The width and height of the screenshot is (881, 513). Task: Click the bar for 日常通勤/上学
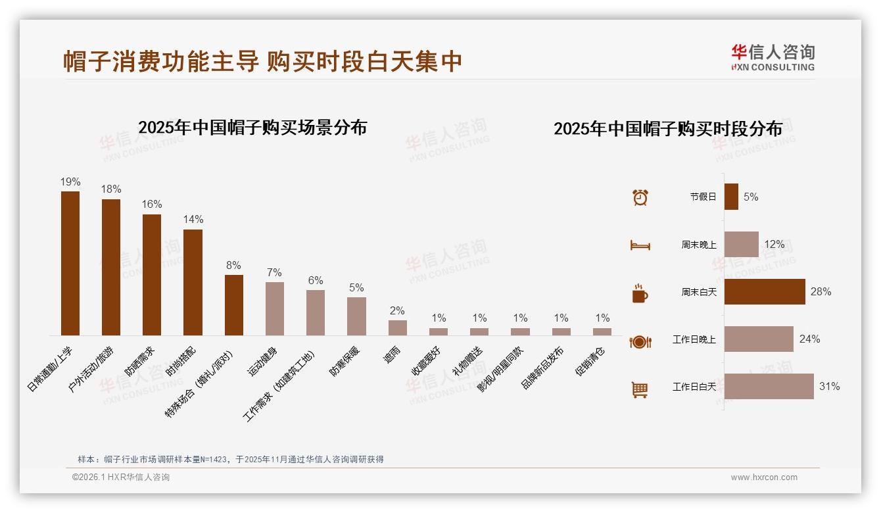[70, 263]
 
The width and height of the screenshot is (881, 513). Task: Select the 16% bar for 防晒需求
[152, 275]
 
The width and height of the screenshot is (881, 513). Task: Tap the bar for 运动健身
[275, 308]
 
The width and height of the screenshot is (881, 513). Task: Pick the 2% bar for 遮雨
[398, 328]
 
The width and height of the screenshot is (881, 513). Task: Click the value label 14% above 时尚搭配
[193, 220]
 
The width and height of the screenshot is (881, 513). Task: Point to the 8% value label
[233, 266]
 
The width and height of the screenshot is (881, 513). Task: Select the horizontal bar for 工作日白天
[769, 387]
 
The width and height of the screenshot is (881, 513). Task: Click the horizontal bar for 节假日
[731, 197]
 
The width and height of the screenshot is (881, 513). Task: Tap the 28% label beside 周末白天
[821, 292]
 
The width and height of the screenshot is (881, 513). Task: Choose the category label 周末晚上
[698, 245]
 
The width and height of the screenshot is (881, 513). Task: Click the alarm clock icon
[640, 197]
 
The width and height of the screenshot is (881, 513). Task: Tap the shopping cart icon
[640, 389]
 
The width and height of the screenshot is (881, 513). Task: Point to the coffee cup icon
[640, 293]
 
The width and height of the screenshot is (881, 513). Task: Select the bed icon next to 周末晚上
[640, 245]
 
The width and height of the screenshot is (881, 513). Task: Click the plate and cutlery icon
[640, 341]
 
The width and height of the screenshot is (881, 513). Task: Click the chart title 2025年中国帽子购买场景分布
[252, 127]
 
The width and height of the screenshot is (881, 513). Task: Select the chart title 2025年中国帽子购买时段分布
[668, 128]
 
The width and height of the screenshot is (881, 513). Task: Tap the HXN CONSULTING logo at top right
[773, 57]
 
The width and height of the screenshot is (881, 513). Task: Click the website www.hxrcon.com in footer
[764, 477]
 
